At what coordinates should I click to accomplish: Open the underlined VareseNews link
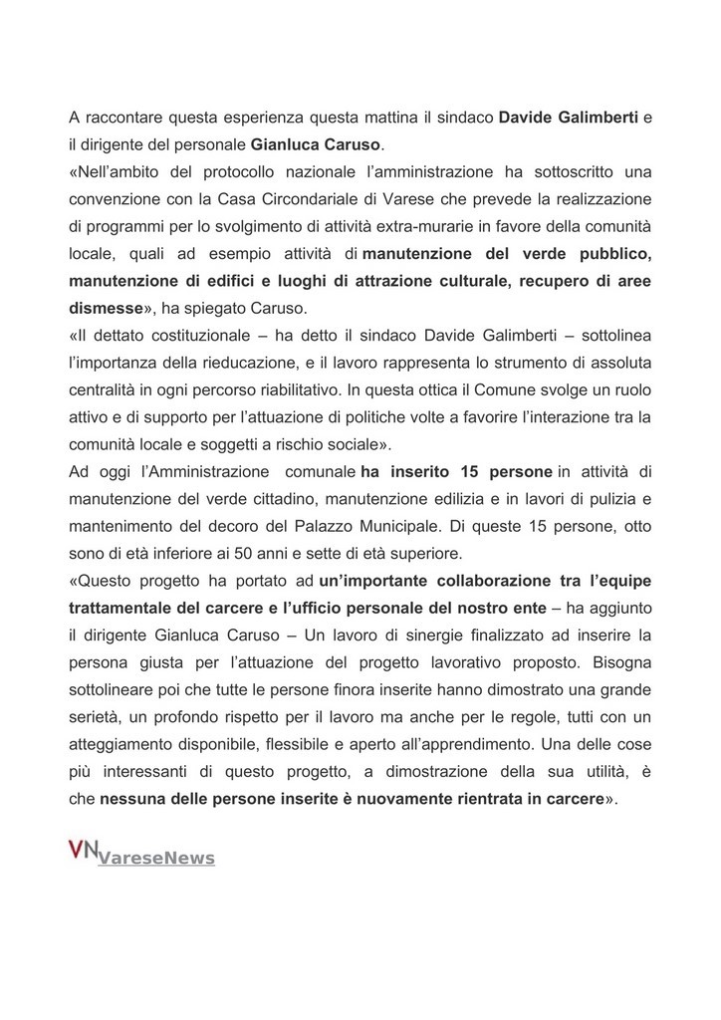coord(156,858)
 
